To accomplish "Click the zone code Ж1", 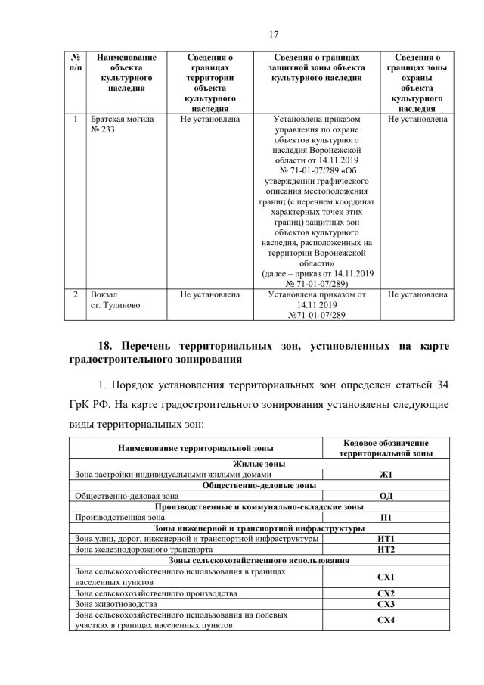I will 386,475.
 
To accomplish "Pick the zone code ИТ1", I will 386,539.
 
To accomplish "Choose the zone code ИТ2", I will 386,550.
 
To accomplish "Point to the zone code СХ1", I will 386,577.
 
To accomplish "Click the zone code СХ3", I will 386,605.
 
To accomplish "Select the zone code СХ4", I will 386,621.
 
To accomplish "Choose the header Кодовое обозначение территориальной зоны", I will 386,447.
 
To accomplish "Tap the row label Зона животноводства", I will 116,605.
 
